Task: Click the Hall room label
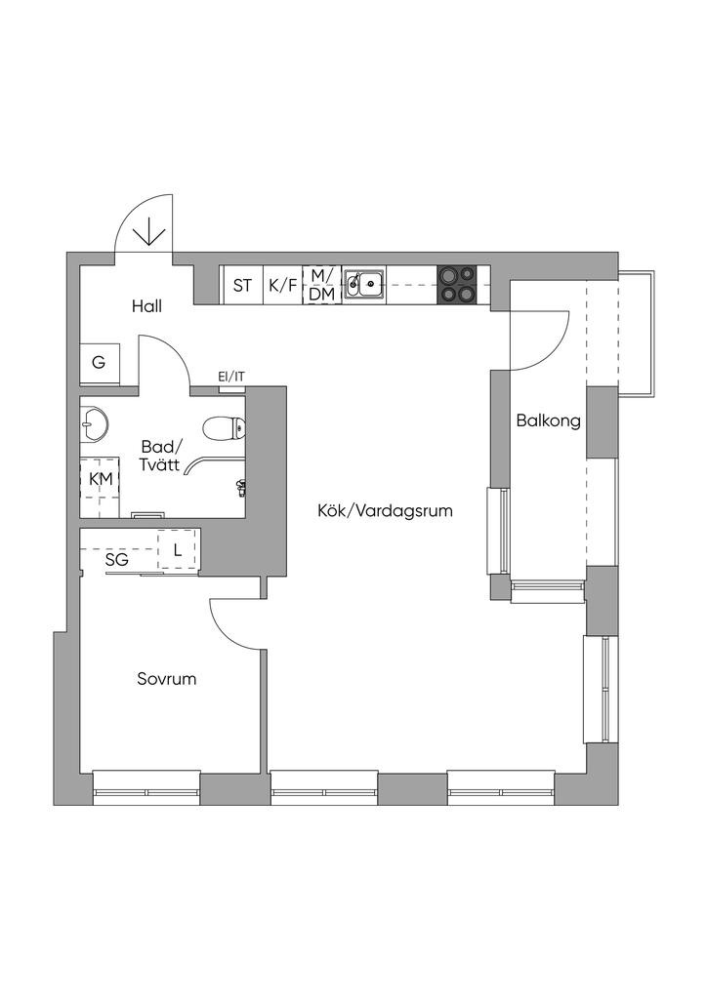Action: coord(146,306)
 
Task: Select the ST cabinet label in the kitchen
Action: coord(242,286)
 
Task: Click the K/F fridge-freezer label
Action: coord(283,286)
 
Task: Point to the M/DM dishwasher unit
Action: coord(322,284)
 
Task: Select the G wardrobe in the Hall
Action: coord(99,363)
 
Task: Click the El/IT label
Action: coord(231,376)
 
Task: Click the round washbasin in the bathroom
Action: coord(95,423)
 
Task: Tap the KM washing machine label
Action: coord(100,479)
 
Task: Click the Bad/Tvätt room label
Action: coord(160,457)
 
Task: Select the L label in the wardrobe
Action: coord(177,550)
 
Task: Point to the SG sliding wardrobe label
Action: coord(117,560)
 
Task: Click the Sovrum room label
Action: coord(166,678)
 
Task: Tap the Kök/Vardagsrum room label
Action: coord(385,510)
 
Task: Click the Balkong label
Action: coord(548,421)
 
